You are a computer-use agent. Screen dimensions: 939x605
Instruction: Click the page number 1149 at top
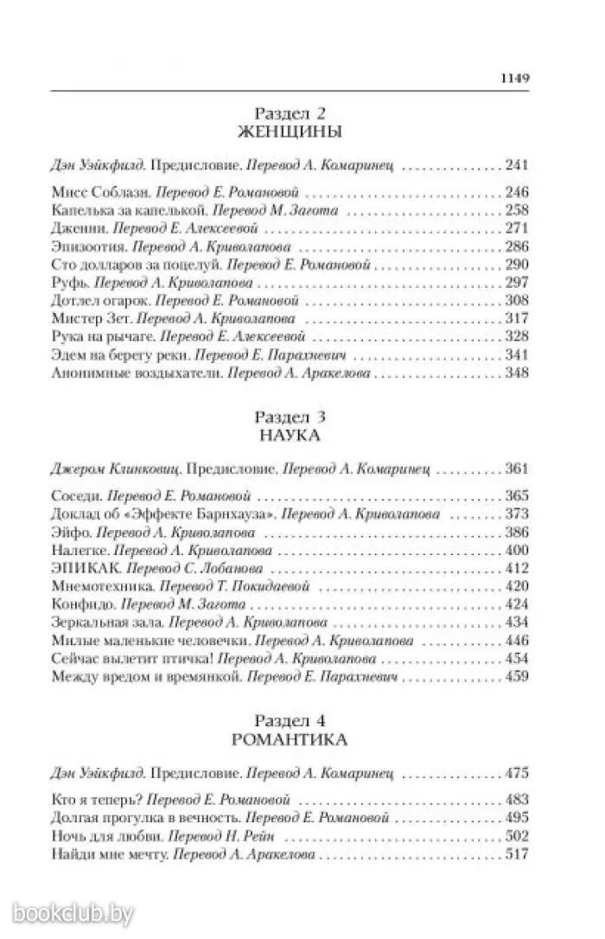pos(513,76)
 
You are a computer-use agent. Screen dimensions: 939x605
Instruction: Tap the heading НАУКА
pos(290,436)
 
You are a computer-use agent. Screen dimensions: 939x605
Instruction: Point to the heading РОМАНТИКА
pos(290,740)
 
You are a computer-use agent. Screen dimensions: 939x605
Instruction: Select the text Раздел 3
pos(290,417)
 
